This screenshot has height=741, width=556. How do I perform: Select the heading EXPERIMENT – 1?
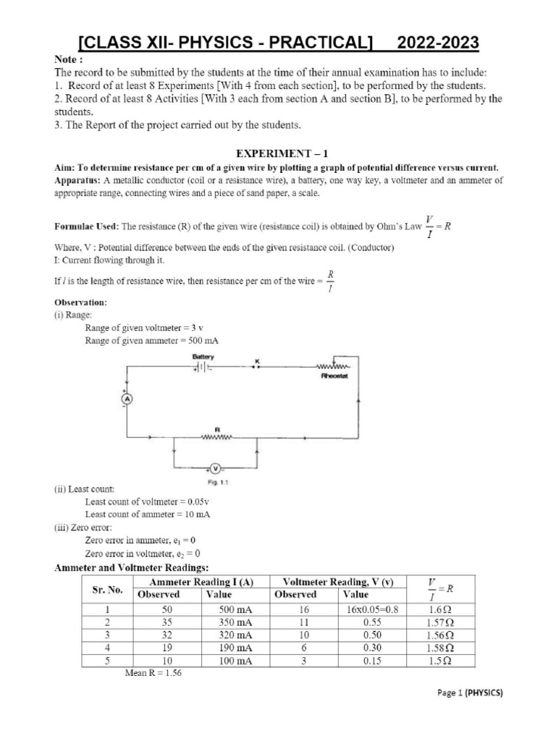pyautogui.click(x=277, y=153)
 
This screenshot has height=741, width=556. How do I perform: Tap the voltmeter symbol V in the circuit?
pyautogui.click(x=215, y=468)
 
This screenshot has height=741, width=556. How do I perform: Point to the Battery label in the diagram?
pyautogui.click(x=203, y=357)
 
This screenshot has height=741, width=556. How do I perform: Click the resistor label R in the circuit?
pyautogui.click(x=216, y=428)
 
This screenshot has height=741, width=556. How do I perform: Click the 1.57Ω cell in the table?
pyautogui.click(x=440, y=622)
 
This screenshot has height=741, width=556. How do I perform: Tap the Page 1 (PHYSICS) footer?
pyautogui.click(x=470, y=693)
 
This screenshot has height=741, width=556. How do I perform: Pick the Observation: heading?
pyautogui.click(x=81, y=300)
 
